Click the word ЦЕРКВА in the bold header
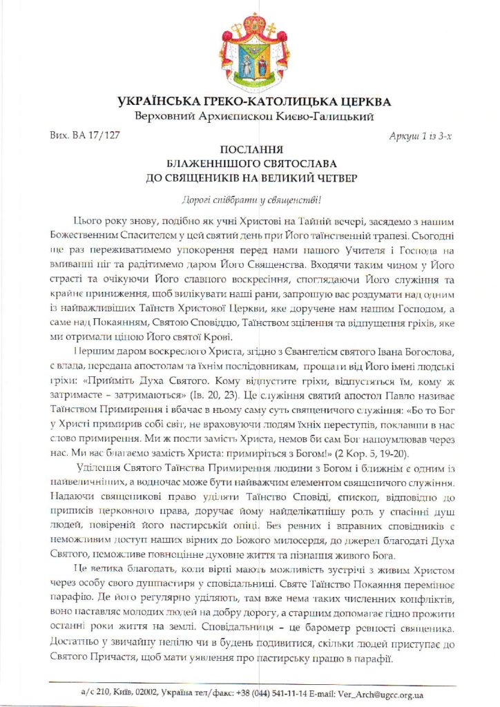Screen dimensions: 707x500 coord(358,101)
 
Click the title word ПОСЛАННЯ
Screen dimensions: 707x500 coord(249,149)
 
